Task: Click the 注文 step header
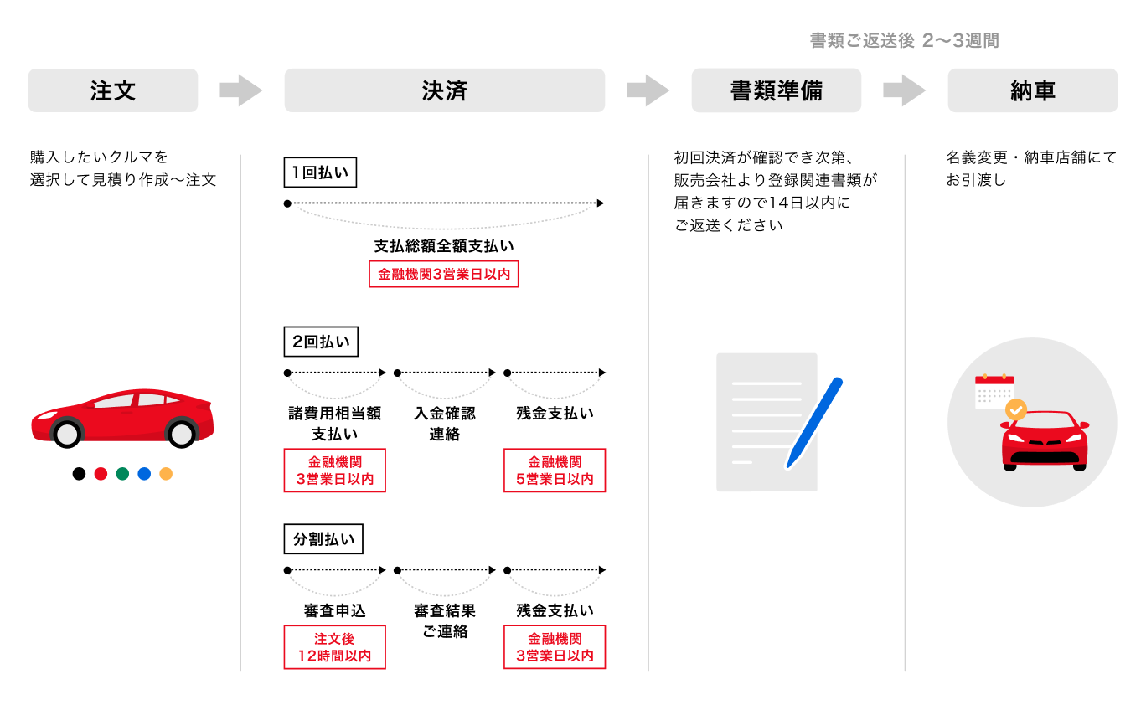click(113, 90)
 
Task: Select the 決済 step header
click(444, 90)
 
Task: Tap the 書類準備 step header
click(776, 90)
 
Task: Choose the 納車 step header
click(1032, 90)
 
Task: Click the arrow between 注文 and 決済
click(241, 90)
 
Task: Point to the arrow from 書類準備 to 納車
click(905, 90)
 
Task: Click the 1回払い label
click(320, 173)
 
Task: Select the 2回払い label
click(321, 342)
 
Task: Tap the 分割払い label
click(323, 539)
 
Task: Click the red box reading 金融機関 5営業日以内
click(555, 471)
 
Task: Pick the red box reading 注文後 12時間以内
click(334, 647)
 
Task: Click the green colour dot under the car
click(122, 474)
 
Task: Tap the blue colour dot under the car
click(144, 474)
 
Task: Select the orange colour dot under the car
click(166, 474)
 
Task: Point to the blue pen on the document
click(814, 422)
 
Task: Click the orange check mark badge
click(1015, 409)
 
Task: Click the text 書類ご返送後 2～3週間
click(904, 41)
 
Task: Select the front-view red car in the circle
click(1045, 440)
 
